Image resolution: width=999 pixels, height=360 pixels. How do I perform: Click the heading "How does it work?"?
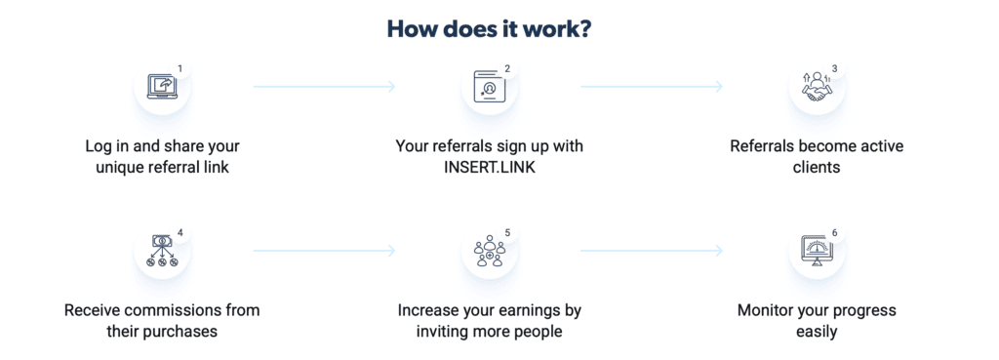[490, 29]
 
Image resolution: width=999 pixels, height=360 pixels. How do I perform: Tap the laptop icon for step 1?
[160, 87]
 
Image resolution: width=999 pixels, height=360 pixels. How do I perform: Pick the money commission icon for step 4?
[161, 251]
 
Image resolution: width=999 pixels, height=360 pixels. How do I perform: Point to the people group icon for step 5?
[490, 251]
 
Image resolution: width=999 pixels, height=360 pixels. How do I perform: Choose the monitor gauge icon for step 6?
[816, 252]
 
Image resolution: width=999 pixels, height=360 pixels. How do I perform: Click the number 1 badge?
[180, 68]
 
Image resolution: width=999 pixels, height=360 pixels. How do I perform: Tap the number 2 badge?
[507, 68]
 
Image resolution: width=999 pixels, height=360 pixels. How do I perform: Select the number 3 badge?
[835, 68]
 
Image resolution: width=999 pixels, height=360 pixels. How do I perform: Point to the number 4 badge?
[180, 232]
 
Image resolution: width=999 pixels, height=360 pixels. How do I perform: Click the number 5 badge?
[507, 232]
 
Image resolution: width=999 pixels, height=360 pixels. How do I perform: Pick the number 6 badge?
[835, 232]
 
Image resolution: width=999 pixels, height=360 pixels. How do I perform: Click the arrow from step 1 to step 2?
[324, 86]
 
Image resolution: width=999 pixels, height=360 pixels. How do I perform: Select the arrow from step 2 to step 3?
[652, 86]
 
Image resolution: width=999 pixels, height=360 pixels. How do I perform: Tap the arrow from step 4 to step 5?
[324, 251]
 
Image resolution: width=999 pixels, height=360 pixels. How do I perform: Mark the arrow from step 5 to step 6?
[652, 251]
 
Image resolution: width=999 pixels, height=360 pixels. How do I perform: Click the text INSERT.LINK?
[490, 168]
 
